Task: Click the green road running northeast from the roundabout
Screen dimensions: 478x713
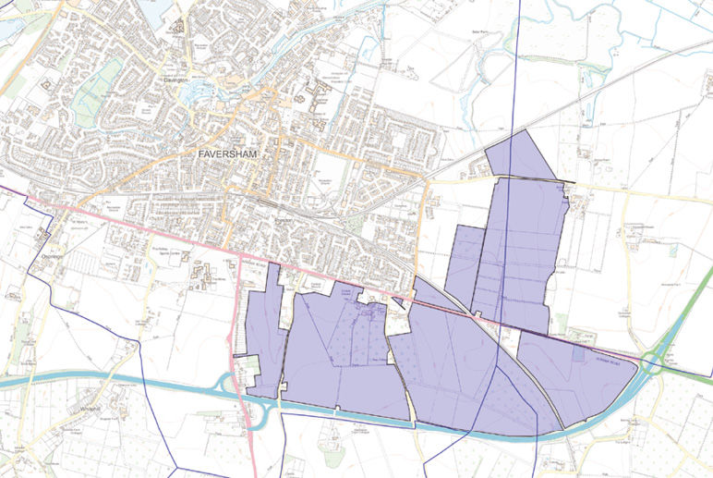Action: click(688, 314)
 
